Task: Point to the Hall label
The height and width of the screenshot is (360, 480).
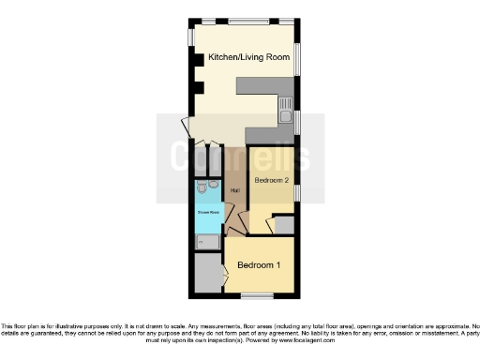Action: (235, 191)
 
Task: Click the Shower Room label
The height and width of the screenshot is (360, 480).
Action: (207, 213)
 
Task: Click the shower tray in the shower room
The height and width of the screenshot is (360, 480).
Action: (207, 242)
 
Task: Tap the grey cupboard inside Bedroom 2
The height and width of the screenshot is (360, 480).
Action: (284, 225)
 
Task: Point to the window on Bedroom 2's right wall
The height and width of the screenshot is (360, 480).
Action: (297, 190)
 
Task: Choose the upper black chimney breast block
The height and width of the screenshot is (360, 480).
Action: (197, 58)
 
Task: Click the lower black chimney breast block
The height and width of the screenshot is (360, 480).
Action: (197, 89)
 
